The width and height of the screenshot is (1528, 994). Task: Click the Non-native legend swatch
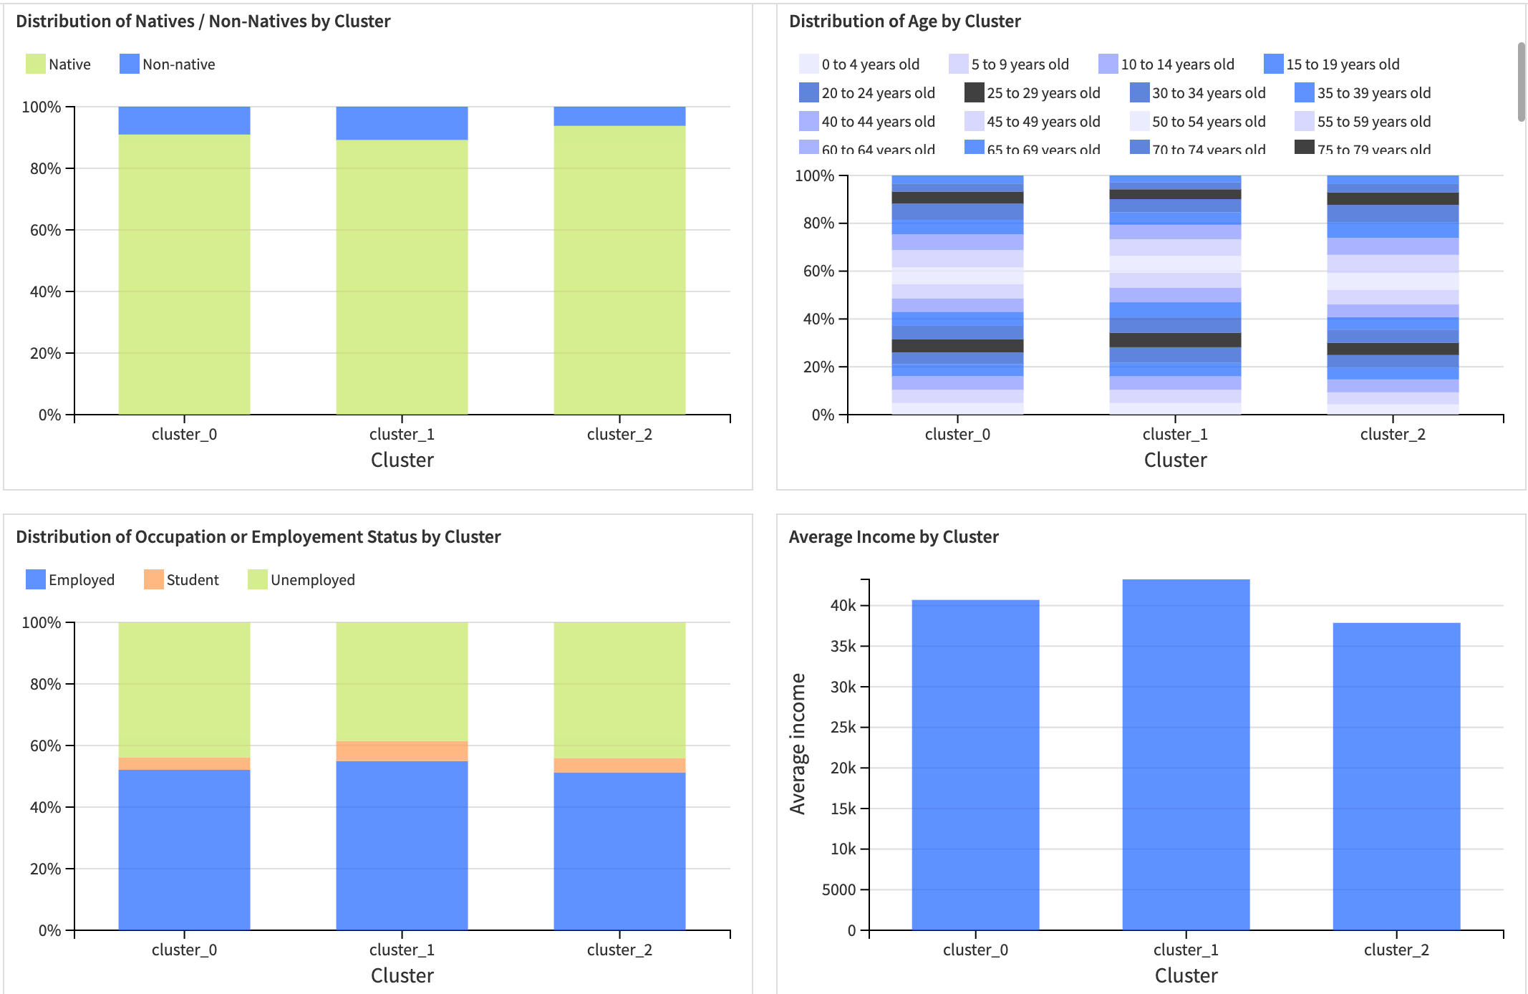tap(129, 64)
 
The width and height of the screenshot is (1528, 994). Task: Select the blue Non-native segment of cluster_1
tap(402, 122)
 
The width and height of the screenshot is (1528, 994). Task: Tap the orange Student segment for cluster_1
tap(402, 751)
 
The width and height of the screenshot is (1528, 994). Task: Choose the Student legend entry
tap(181, 579)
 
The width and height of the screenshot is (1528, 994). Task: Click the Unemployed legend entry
tap(301, 579)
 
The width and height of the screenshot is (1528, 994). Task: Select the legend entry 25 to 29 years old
tap(1032, 92)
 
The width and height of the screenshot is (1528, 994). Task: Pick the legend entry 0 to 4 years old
tap(859, 64)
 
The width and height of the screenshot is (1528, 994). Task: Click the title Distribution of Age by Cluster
tap(904, 21)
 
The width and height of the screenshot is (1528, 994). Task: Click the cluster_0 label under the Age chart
tap(957, 434)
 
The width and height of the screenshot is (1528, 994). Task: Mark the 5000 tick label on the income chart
tap(838, 889)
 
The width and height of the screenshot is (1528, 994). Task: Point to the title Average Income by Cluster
tap(893, 536)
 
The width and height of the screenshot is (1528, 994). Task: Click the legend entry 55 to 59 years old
tap(1363, 121)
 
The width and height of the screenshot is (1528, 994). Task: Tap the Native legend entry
tap(58, 64)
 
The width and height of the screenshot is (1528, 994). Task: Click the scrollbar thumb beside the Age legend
tap(1521, 82)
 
